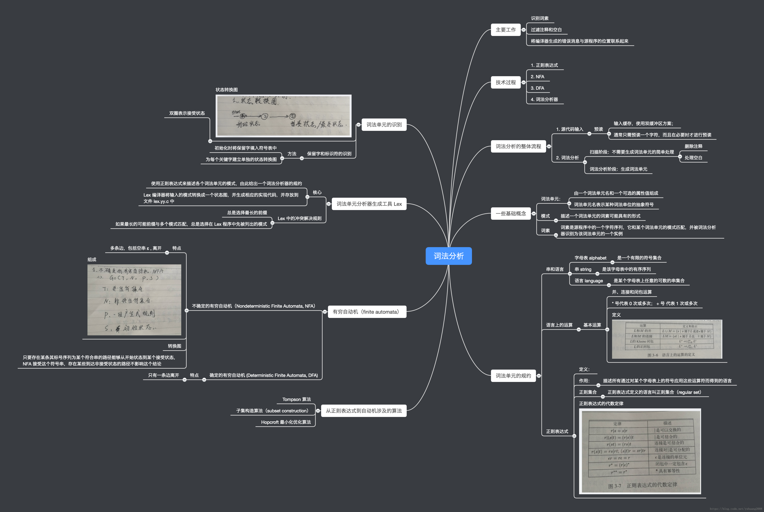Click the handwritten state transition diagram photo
pos(283,116)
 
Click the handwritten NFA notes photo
pos(134,300)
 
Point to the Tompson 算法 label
pos(296,399)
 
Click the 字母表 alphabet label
pos(590,258)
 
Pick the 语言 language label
pos(589,281)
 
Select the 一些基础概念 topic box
pos(511,214)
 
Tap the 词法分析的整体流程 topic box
pos(518,146)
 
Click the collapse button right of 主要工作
pos(523,30)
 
